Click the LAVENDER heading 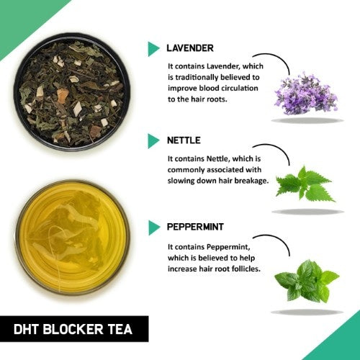click(189, 48)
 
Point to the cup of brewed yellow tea click(72, 237)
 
